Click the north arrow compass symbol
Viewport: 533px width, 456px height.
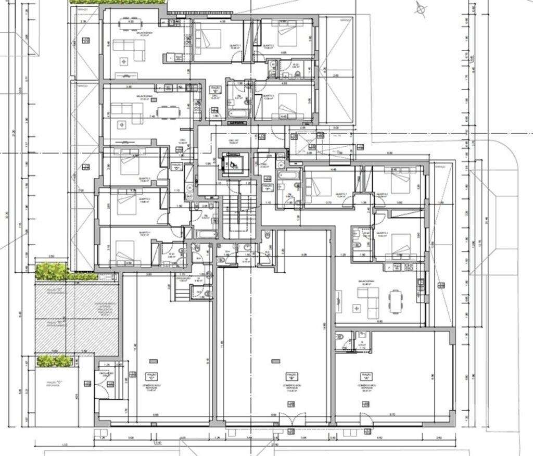(421, 8)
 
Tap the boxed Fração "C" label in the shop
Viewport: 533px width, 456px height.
(153, 375)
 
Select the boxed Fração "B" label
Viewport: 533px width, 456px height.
(291, 375)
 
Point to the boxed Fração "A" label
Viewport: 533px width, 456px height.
(366, 375)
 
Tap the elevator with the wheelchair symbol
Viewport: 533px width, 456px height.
(232, 164)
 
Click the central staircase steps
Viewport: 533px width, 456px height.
(240, 213)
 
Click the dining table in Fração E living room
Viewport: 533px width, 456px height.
(167, 110)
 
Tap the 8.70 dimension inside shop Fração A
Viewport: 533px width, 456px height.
(391, 415)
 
